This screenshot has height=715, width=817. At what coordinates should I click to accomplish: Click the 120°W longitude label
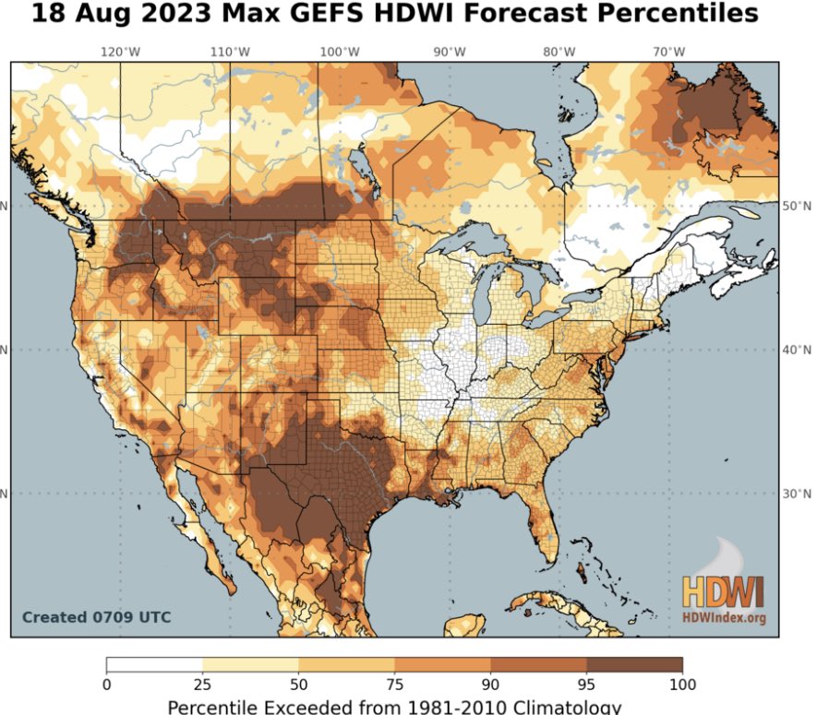[118, 53]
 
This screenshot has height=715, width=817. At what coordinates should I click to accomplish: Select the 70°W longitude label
[667, 53]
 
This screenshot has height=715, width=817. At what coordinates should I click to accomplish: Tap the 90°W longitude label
[449, 53]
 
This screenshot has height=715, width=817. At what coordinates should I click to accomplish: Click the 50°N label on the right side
[796, 206]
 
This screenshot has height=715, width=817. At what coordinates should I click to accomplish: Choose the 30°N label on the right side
[796, 493]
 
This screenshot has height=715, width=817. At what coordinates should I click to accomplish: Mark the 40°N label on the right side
[796, 350]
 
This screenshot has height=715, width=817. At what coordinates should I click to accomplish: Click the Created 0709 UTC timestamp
[96, 617]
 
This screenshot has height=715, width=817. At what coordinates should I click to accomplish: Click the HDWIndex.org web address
[725, 617]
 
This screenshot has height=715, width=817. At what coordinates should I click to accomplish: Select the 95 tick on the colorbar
[586, 685]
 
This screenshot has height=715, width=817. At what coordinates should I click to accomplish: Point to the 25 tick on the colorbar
[202, 685]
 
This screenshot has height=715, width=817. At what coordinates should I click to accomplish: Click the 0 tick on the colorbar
[106, 685]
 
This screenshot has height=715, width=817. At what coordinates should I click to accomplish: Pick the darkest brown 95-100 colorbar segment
[634, 664]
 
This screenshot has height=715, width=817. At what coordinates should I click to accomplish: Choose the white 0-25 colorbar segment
[154, 664]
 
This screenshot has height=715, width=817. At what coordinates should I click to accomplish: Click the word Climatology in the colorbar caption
[554, 707]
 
